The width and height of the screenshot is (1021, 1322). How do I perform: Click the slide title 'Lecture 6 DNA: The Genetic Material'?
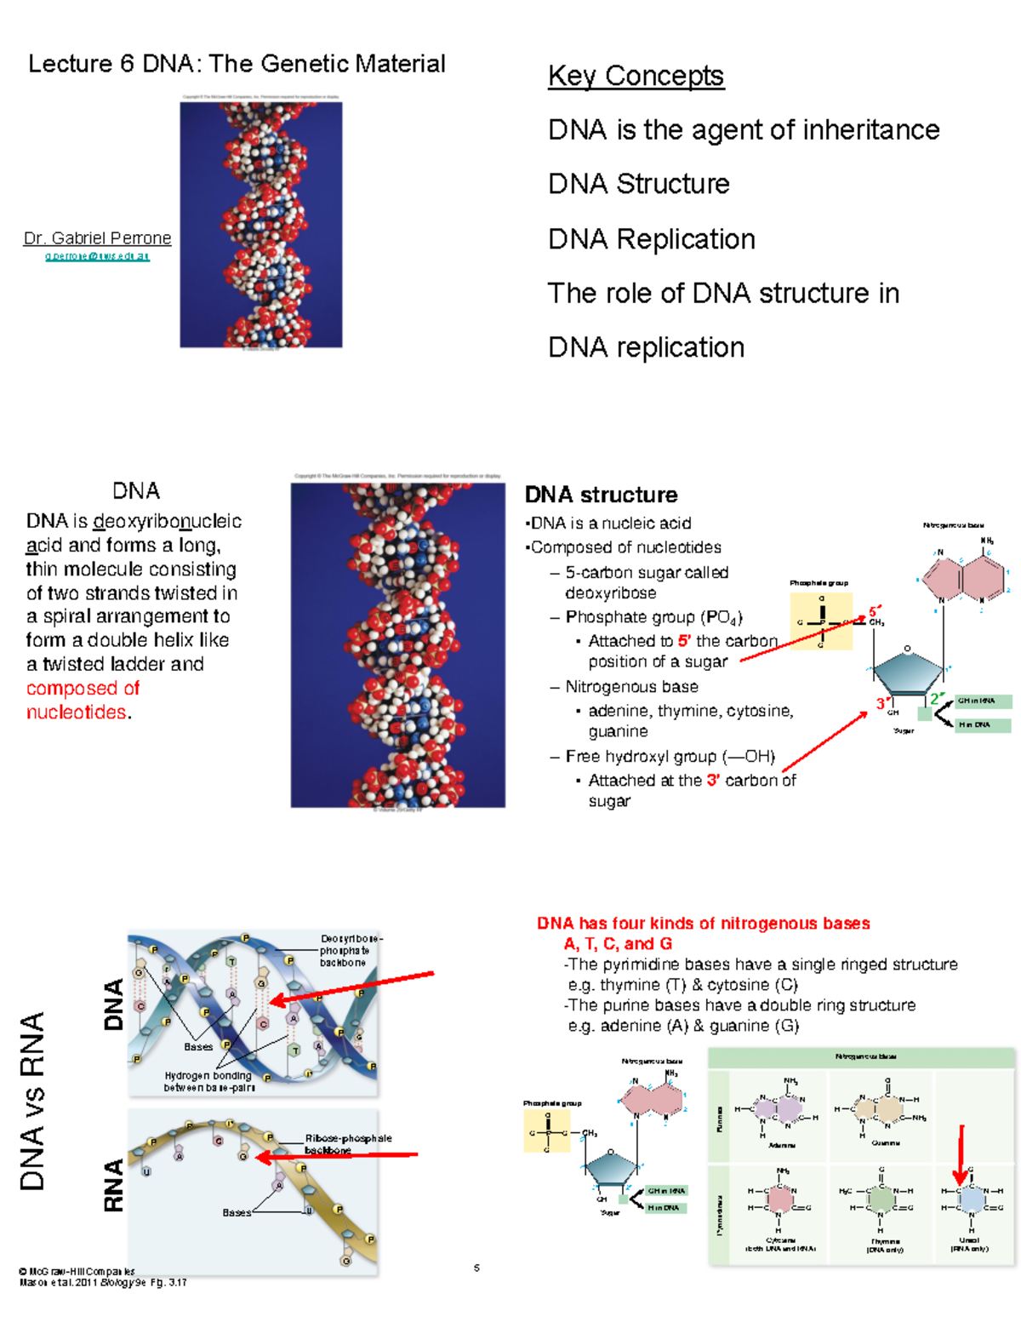click(237, 64)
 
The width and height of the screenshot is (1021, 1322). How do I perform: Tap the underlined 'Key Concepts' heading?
click(636, 76)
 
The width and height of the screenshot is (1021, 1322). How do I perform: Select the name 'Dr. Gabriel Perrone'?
click(97, 238)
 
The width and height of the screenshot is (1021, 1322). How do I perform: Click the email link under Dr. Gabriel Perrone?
click(97, 256)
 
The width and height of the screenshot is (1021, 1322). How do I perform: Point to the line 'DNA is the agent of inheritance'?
click(743, 130)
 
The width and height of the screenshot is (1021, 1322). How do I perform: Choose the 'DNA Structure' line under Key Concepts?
click(638, 184)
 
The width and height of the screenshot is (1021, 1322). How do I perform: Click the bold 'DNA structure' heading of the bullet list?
click(601, 495)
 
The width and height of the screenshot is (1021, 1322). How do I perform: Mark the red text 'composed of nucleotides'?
click(82, 700)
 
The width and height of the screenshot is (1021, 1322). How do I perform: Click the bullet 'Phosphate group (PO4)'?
click(653, 617)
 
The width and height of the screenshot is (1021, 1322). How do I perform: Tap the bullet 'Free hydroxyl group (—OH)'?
click(670, 757)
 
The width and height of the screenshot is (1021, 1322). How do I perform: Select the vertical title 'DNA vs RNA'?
click(32, 1101)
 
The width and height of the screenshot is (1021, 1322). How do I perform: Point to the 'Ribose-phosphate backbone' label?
click(348, 1144)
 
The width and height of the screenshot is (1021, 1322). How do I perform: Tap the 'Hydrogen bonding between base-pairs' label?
click(208, 1081)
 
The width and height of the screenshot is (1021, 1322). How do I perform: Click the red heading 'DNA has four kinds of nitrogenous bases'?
click(703, 924)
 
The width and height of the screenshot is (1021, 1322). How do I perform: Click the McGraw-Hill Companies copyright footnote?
click(77, 1271)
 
